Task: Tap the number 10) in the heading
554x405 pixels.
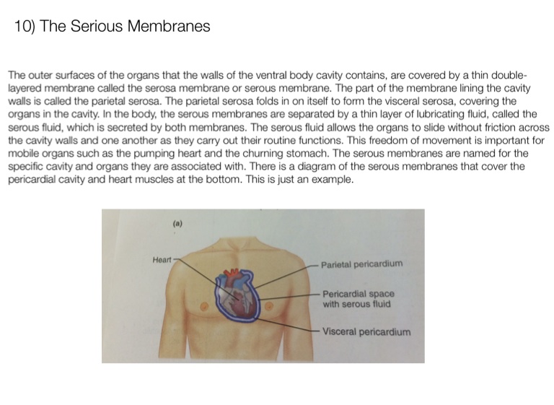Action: (25, 27)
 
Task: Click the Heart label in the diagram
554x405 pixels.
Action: (162, 258)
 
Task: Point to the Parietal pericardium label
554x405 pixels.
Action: (362, 264)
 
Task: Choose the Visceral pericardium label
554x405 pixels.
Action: (366, 332)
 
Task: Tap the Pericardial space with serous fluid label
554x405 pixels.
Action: (359, 299)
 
